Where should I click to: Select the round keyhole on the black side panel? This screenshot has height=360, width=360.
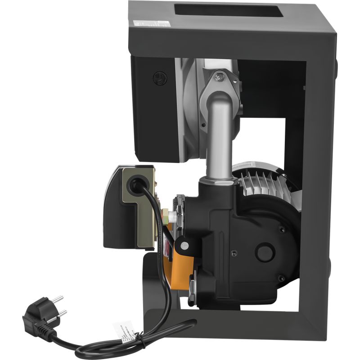coord(158,78)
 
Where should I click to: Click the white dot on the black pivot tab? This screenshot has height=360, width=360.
coord(184,245)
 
